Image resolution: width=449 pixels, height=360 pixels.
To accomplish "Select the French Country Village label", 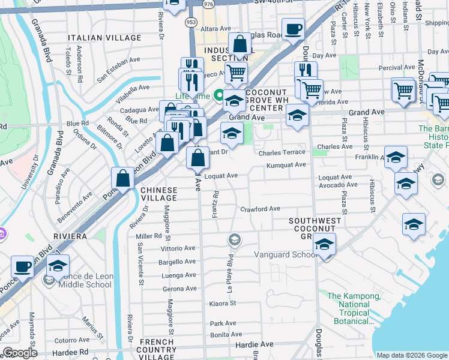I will click(x=158, y=346).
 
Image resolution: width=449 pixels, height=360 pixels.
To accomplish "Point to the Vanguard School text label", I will click(x=285, y=254).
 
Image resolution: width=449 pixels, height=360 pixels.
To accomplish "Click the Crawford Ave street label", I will click(x=261, y=209).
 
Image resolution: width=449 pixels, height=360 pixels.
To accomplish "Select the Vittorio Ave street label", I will click(x=177, y=248).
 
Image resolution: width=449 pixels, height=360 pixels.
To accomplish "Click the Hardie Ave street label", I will click(x=255, y=345).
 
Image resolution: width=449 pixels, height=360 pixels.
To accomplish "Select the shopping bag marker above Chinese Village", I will click(x=123, y=178).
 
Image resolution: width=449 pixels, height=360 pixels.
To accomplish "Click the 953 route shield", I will click(x=190, y=22).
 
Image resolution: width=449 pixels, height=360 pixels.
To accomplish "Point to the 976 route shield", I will click(x=208, y=4).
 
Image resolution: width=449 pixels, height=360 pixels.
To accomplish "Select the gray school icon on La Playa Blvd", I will click(x=234, y=240).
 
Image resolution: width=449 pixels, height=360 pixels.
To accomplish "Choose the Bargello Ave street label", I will click(x=177, y=262).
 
